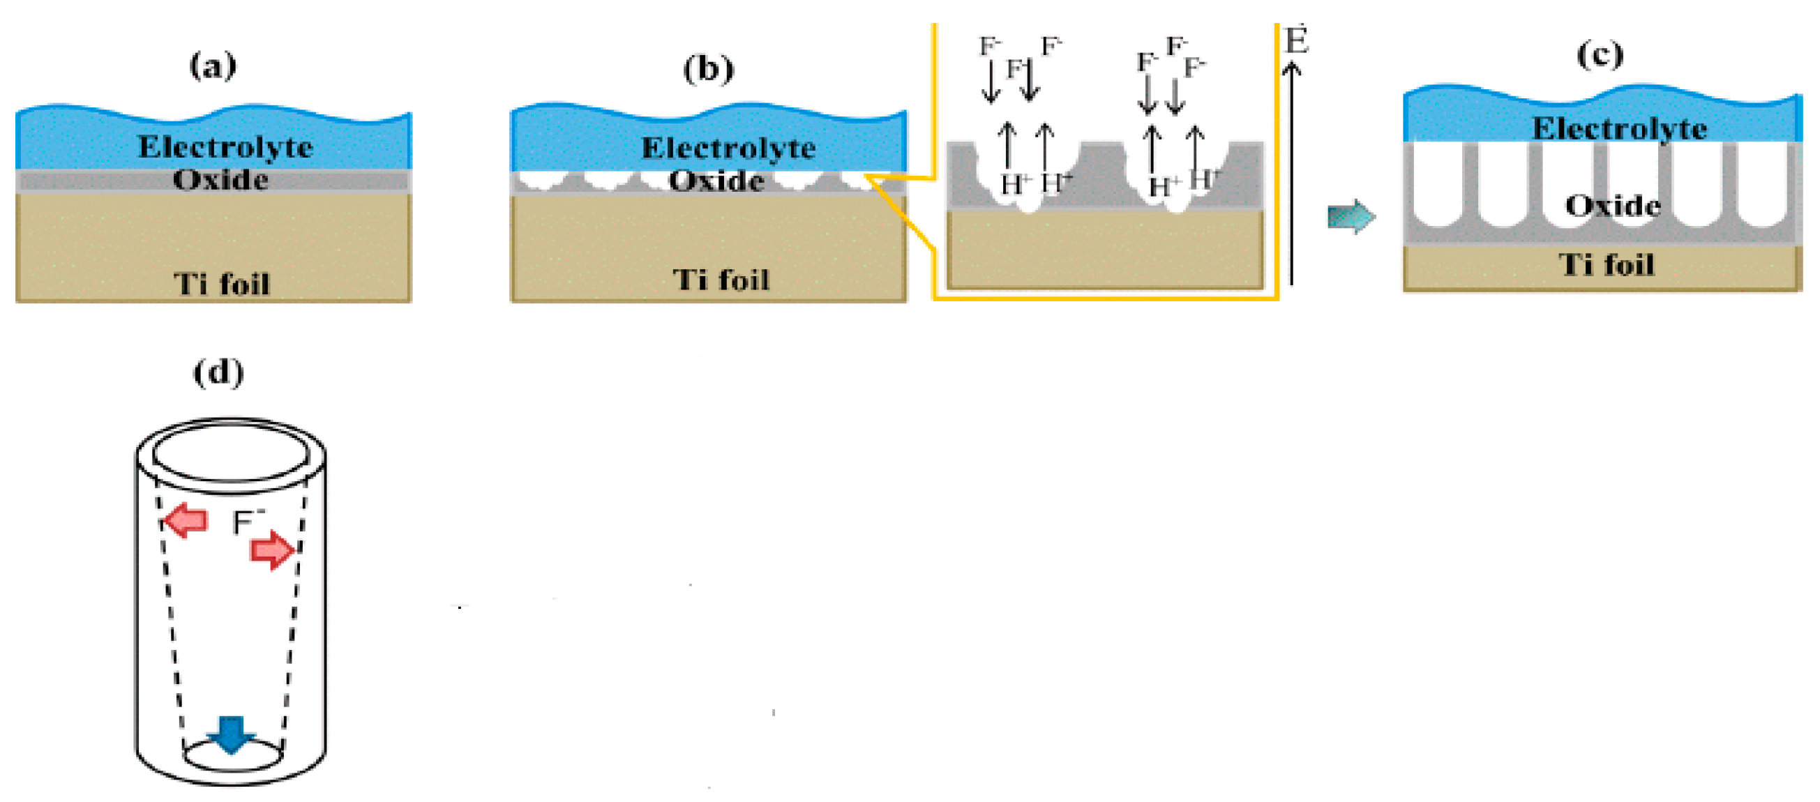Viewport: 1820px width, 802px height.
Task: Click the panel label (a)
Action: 213,66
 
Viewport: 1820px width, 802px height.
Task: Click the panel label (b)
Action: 708,69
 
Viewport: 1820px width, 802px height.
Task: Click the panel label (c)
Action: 1600,55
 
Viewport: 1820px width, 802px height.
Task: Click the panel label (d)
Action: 218,373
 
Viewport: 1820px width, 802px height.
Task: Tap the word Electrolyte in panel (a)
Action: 225,148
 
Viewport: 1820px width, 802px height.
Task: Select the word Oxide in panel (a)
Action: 220,180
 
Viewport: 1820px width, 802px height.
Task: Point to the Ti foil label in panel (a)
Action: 222,284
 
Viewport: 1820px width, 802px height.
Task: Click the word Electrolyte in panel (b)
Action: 728,149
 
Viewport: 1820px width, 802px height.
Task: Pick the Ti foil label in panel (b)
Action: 721,280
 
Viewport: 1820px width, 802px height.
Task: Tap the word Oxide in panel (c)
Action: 1612,206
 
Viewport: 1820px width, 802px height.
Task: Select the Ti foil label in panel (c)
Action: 1607,265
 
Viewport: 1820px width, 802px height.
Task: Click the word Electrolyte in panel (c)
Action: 1619,128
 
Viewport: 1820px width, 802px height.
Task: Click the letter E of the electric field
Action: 1295,41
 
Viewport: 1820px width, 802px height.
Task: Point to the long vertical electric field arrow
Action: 1291,176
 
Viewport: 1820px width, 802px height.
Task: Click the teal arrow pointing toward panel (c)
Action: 1351,216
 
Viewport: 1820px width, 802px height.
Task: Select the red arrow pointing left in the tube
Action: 185,521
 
